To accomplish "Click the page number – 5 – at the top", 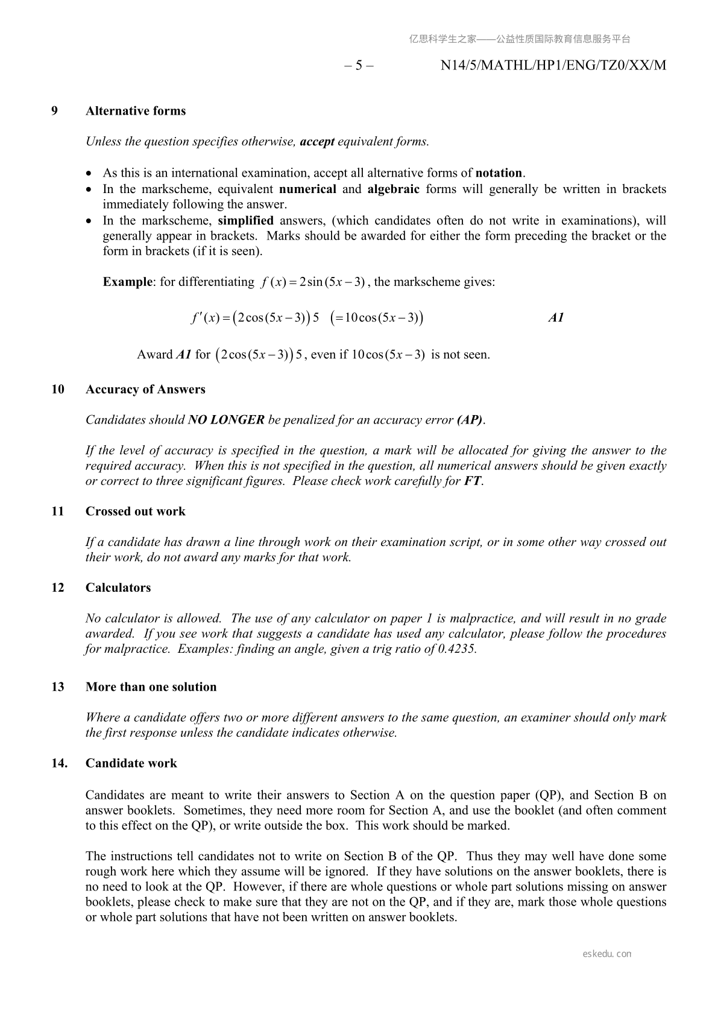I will pyautogui.click(x=359, y=65).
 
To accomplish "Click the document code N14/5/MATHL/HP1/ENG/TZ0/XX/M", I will pyautogui.click(x=553, y=65).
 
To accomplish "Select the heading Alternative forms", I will pyautogui.click(x=136, y=111).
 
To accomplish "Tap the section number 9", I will pyautogui.click(x=55, y=111).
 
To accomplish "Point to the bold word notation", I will pyautogui.click(x=499, y=173).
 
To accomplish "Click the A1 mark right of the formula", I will pyautogui.click(x=556, y=318).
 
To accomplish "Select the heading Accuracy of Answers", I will pyautogui.click(x=145, y=389).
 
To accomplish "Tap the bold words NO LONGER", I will pyautogui.click(x=226, y=420).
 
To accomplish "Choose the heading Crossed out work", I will pyautogui.click(x=136, y=512).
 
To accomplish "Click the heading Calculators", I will pyautogui.click(x=118, y=588).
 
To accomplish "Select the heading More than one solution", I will pyautogui.click(x=151, y=687).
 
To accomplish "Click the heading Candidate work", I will pyautogui.click(x=131, y=763).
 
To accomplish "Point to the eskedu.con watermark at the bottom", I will pyautogui.click(x=607, y=954).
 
